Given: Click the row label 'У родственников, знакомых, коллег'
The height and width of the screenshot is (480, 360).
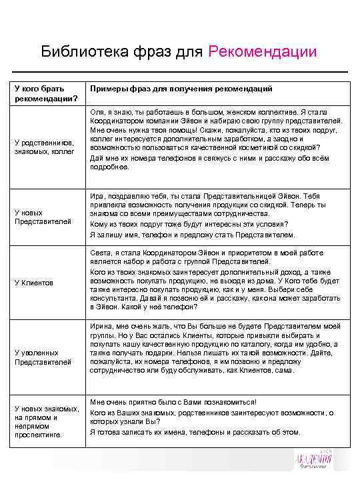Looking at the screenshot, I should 47,147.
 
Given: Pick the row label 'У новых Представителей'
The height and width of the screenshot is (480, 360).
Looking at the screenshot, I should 42,217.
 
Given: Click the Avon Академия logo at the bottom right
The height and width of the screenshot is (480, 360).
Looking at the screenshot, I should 315,463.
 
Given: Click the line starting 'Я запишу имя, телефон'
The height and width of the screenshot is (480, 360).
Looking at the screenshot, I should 191,235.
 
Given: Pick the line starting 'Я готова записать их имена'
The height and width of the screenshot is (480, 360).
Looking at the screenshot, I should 195,431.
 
